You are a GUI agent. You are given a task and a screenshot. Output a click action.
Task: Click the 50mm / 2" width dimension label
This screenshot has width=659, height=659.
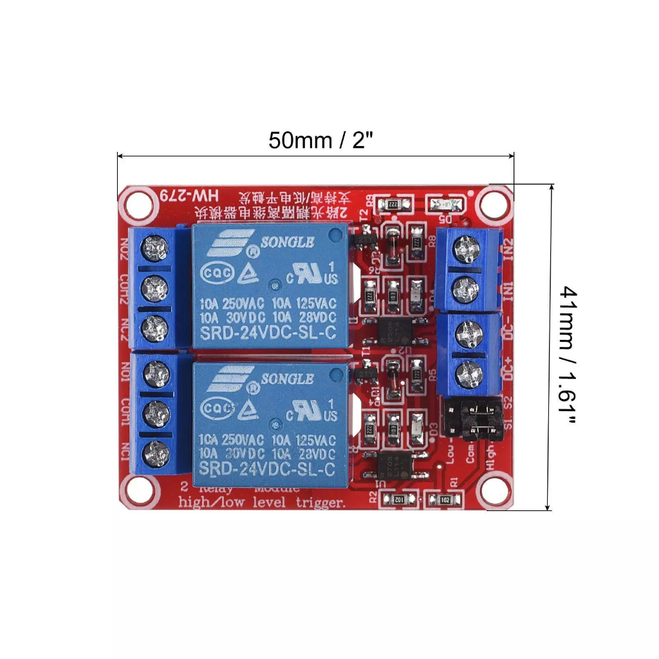pos(320,140)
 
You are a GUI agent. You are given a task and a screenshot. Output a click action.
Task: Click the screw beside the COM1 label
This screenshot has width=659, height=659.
pos(155,410)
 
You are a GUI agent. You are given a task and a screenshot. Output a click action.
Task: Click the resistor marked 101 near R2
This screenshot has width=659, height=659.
pos(399,499)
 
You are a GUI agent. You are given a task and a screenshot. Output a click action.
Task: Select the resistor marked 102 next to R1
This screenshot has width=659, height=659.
pos(444,499)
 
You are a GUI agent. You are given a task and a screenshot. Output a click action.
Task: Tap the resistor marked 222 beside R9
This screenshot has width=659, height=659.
pos(393,205)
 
